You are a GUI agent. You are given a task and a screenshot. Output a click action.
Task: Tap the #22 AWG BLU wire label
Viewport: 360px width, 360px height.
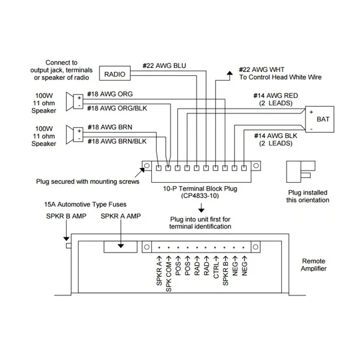tap(165, 65)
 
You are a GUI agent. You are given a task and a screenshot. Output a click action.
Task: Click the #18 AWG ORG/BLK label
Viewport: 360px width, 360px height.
tap(117, 108)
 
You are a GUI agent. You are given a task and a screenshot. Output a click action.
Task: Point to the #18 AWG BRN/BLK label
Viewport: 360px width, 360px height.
tap(117, 141)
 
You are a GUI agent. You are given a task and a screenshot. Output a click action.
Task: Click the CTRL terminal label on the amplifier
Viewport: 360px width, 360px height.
tap(216, 267)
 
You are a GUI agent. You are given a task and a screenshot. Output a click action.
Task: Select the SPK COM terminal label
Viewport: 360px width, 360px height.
tap(169, 274)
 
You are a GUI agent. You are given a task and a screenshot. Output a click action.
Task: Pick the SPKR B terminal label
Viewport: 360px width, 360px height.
tap(225, 271)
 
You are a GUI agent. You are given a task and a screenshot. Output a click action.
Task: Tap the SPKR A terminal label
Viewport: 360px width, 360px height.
tap(159, 271)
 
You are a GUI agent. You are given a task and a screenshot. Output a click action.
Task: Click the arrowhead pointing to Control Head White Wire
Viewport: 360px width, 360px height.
tap(229, 73)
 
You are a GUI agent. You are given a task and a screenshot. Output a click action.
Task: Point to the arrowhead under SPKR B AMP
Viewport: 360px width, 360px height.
tap(67, 239)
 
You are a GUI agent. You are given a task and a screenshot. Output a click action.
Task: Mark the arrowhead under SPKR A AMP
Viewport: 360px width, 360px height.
tap(121, 246)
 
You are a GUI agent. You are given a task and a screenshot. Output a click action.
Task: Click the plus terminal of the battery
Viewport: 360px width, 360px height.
tap(311, 112)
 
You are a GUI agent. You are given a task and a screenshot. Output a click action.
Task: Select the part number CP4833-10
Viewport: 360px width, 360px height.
tap(200, 196)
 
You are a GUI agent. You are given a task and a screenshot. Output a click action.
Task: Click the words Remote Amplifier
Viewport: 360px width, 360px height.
tap(313, 265)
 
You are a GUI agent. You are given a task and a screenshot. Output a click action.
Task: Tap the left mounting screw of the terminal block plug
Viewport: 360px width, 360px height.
tap(147, 165)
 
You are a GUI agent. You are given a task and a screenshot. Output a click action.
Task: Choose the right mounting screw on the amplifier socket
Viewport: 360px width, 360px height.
tap(255, 247)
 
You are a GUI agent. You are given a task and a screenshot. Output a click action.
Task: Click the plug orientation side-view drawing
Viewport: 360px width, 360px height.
tap(301, 172)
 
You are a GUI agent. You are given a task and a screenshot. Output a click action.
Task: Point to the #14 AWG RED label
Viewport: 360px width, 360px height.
tap(275, 96)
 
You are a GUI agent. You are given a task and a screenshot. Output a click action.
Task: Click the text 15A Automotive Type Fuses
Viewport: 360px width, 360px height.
tap(85, 205)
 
